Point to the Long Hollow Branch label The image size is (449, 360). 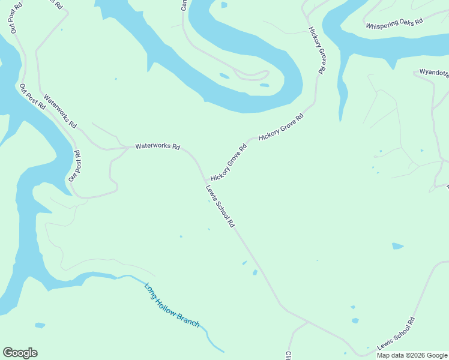(172, 305)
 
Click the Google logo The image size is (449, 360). (20, 353)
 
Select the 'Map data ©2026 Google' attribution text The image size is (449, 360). (412, 355)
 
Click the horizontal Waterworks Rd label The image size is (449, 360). (157, 146)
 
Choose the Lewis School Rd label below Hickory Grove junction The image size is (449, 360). (220, 206)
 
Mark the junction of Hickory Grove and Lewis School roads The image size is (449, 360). (206, 179)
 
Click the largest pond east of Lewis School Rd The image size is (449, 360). (397, 246)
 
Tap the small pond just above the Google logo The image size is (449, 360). (40, 325)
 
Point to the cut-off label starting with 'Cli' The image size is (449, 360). (288, 355)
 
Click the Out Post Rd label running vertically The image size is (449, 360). (74, 166)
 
